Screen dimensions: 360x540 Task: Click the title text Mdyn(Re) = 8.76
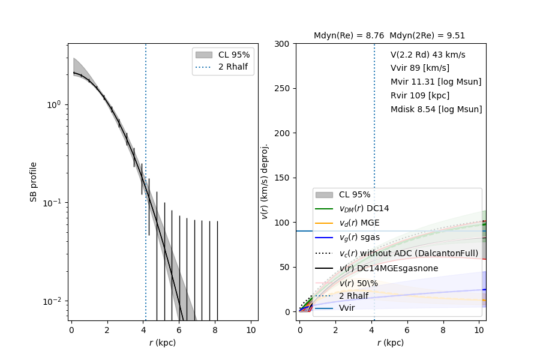pyautogui.click(x=349, y=36)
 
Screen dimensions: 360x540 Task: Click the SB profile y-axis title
pyautogui.click(x=34, y=181)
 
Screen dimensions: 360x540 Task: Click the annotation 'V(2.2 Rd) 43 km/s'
pyautogui.click(x=428, y=55)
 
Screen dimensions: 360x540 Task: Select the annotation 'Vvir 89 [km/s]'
pyautogui.click(x=419, y=68)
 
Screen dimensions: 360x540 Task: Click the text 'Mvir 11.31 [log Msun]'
pyautogui.click(x=436, y=82)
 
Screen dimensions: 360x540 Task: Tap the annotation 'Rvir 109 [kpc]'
pyautogui.click(x=419, y=95)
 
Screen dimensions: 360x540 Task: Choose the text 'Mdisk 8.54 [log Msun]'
pyautogui.click(x=436, y=109)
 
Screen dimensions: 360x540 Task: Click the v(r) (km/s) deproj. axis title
pyautogui.click(x=265, y=181)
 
